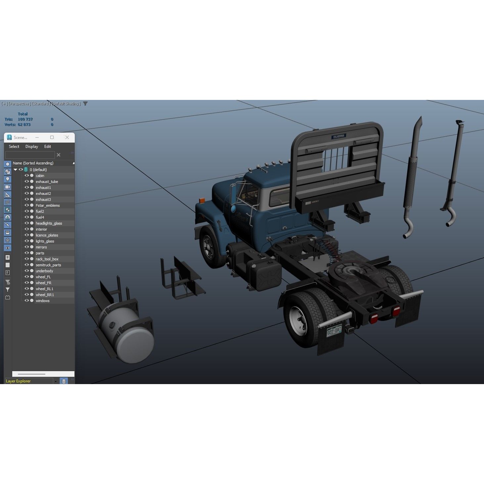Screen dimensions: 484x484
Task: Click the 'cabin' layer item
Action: pyautogui.click(x=40, y=176)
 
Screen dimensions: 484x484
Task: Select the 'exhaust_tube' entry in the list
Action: pyautogui.click(x=47, y=182)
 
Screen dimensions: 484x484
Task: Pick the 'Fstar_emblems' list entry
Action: pyautogui.click(x=48, y=205)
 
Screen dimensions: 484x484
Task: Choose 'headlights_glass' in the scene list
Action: pyautogui.click(x=49, y=223)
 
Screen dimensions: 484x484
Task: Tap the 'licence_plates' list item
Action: pyautogui.click(x=47, y=235)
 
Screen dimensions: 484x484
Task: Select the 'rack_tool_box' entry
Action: pyautogui.click(x=47, y=259)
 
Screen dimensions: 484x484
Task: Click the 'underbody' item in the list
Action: pyautogui.click(x=44, y=271)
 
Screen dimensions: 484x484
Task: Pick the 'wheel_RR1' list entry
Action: pyautogui.click(x=45, y=295)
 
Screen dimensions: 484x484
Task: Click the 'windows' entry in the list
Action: pyautogui.click(x=42, y=301)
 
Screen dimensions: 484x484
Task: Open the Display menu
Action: pyautogui.click(x=32, y=147)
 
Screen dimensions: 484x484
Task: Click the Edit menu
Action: pyautogui.click(x=48, y=147)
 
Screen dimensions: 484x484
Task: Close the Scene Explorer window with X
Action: pyautogui.click(x=67, y=137)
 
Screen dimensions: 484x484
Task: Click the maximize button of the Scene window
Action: pyautogui.click(x=52, y=137)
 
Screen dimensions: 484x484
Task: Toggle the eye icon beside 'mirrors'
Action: pyautogui.click(x=27, y=247)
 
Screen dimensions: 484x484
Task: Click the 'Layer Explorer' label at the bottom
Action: pyautogui.click(x=18, y=381)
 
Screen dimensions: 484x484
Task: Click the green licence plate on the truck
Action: pyautogui.click(x=334, y=330)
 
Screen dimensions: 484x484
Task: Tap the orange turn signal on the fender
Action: pyautogui.click(x=202, y=200)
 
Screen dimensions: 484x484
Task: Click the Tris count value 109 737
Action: pyautogui.click(x=25, y=119)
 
